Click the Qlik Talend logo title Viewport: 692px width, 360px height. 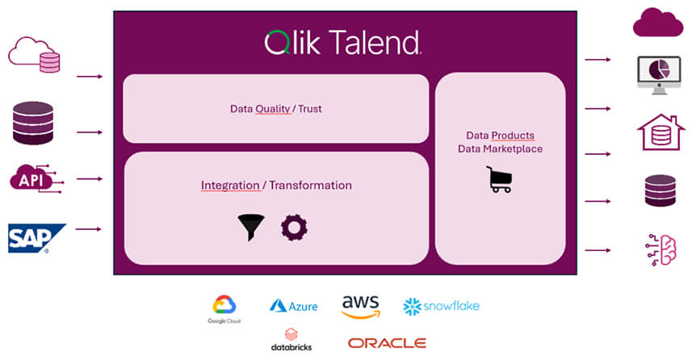pos(343,42)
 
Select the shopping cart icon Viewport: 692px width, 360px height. pos(499,178)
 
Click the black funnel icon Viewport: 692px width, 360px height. pos(252,228)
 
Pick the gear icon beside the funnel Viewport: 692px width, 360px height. pos(294,228)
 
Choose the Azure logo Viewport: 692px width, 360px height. pos(293,306)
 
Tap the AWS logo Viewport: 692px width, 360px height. pos(360,306)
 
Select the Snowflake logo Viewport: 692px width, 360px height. pos(441,306)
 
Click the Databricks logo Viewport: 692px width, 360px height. pos(291,340)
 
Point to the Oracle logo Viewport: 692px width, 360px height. pos(387,343)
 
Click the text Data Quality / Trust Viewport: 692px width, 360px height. pos(275,108)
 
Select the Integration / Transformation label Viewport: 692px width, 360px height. pos(276,185)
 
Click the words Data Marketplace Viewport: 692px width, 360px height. pos(500,149)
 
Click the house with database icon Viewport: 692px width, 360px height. pos(660,132)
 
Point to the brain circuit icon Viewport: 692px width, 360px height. pos(660,249)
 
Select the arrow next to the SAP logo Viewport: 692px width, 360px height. pos(89,229)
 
